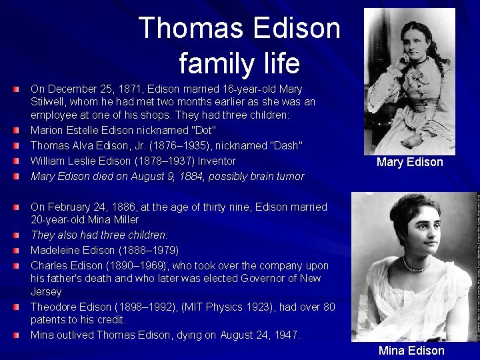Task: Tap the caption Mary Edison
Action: pos(409,162)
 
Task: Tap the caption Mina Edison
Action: pos(411,351)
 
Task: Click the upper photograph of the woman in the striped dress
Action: pos(409,79)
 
